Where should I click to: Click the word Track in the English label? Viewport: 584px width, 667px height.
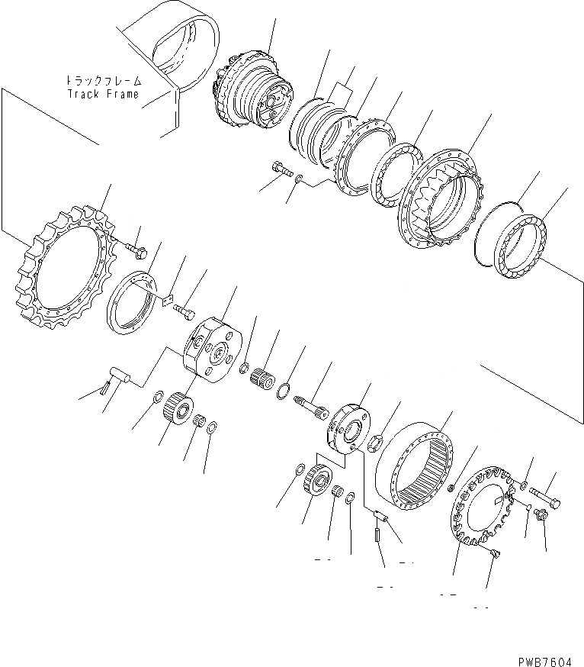coord(84,94)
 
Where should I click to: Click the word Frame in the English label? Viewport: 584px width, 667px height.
coord(123,94)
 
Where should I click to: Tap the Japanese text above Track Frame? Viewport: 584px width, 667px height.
coord(103,80)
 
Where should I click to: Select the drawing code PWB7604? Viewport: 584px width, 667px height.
coord(545,662)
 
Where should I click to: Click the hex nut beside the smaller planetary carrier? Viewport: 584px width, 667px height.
coord(376,443)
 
